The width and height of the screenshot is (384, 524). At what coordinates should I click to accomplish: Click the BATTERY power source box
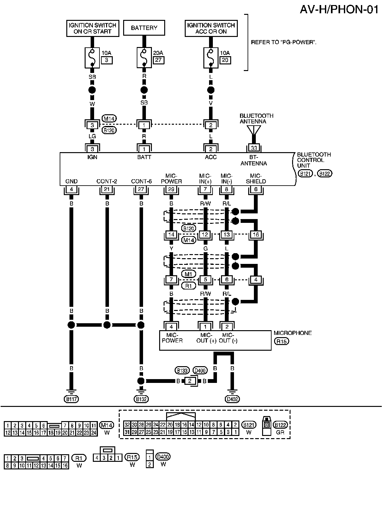point(144,28)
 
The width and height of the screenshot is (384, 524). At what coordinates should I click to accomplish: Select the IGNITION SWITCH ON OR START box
point(93,28)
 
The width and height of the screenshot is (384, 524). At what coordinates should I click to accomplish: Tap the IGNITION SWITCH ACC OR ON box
point(211,28)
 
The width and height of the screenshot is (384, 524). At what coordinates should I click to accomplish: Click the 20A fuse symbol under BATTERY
point(144,58)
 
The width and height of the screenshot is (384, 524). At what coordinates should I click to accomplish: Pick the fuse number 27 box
point(158,60)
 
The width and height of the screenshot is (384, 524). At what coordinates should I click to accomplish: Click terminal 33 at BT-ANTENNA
point(254,148)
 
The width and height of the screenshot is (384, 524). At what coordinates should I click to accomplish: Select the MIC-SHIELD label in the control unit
point(256,179)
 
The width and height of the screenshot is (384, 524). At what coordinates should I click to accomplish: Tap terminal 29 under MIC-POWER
point(171,189)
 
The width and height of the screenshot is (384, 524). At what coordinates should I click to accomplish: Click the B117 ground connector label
point(71,399)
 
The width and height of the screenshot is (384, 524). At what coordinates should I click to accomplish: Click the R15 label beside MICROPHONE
point(282,341)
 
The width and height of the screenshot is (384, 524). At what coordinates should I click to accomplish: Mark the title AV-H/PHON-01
point(339,9)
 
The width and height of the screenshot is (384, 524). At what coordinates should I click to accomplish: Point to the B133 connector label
point(182,370)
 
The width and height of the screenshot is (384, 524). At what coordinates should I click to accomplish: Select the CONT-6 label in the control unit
point(141,181)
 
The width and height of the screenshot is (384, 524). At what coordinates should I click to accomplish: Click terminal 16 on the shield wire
point(256,235)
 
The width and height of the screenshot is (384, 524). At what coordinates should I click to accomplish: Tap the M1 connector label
point(188,274)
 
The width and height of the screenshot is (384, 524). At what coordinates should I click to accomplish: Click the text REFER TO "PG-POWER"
point(283,42)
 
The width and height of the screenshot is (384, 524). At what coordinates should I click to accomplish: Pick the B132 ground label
point(141,399)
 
